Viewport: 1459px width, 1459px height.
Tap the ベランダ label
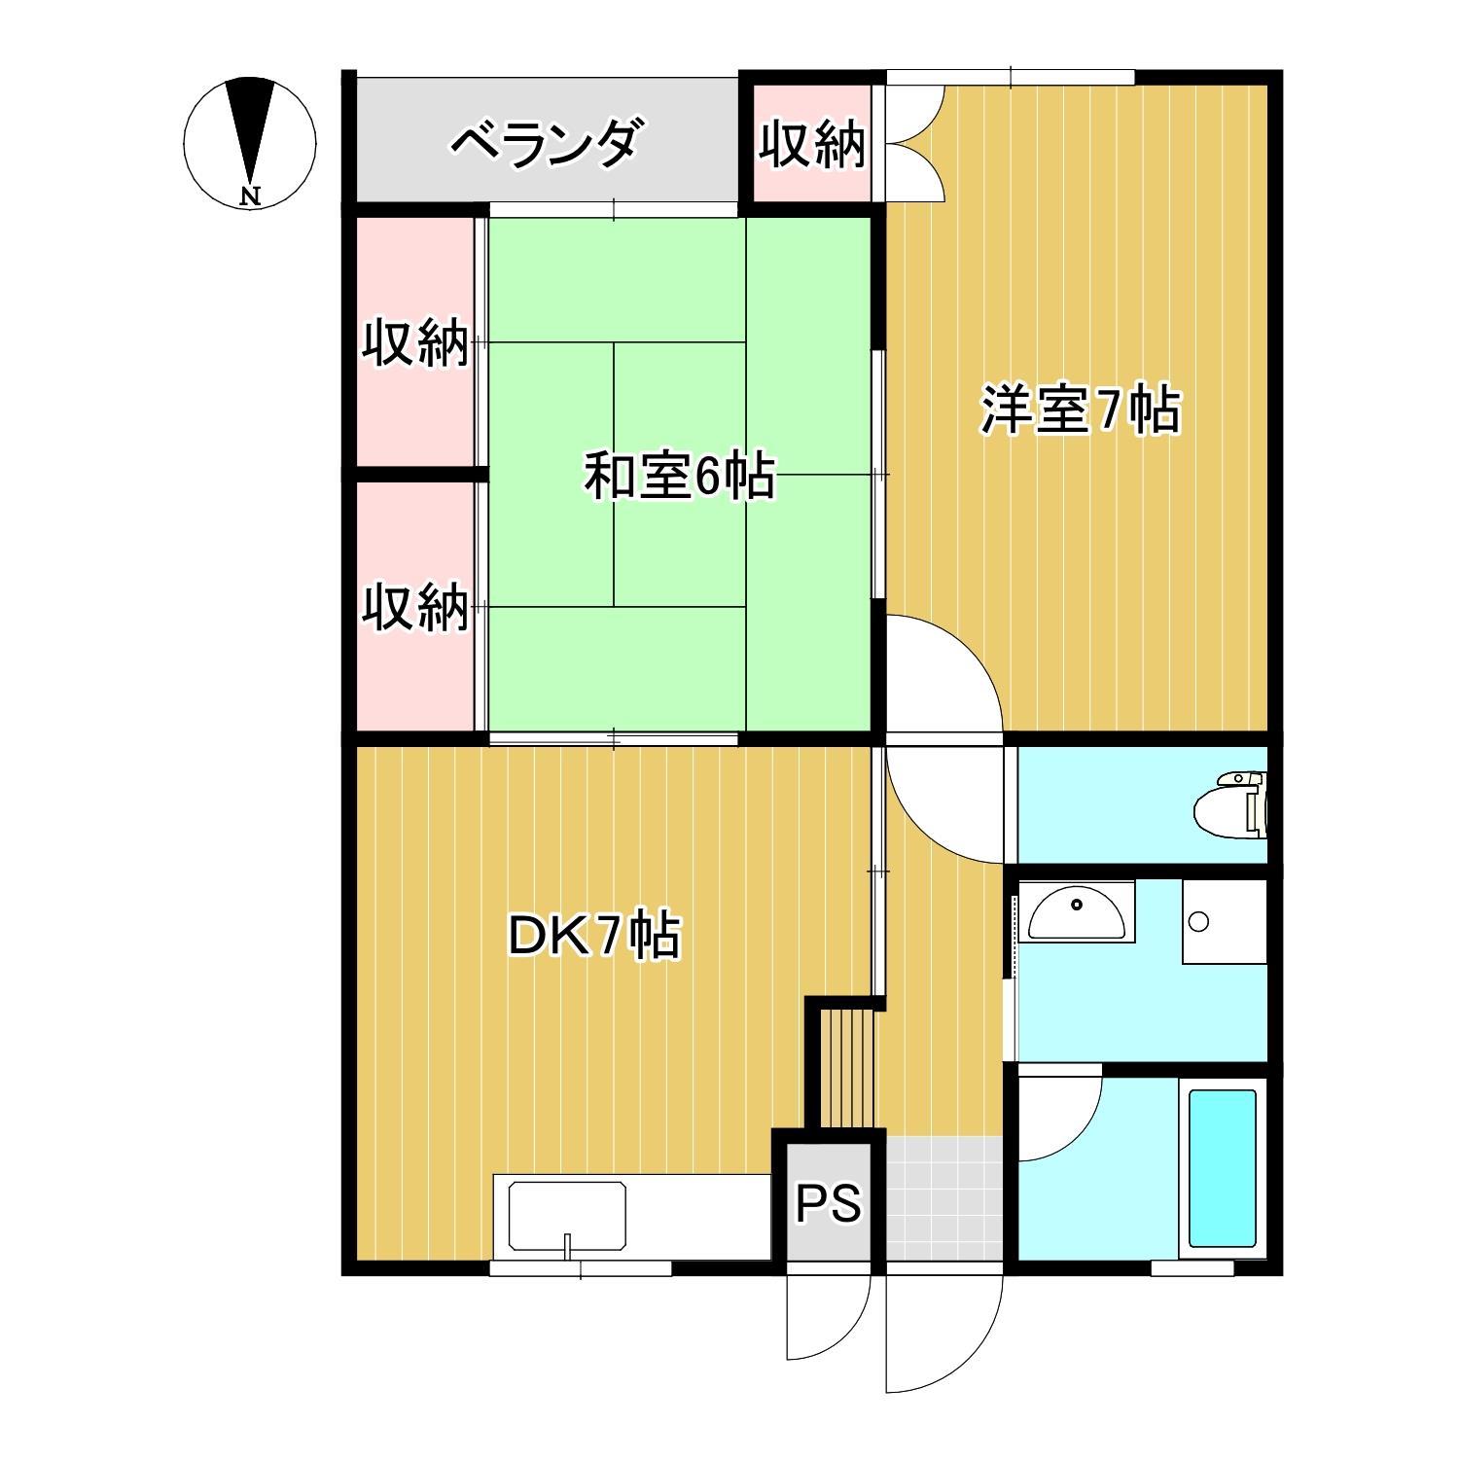coord(547,144)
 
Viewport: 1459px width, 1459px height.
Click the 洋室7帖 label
coord(1080,411)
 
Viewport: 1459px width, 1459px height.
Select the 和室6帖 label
coord(679,477)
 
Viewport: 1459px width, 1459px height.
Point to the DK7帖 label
coord(594,937)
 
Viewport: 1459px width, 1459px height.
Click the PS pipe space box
coord(829,1202)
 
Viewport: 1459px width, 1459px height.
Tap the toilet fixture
coord(1233,804)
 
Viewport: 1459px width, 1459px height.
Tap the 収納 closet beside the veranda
coord(812,146)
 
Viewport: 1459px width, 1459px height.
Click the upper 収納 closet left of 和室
coord(415,342)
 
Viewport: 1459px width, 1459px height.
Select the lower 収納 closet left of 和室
coord(415,607)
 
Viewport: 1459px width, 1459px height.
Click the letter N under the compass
coord(251,196)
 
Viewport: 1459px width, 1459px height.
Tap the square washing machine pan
coord(1224,921)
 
